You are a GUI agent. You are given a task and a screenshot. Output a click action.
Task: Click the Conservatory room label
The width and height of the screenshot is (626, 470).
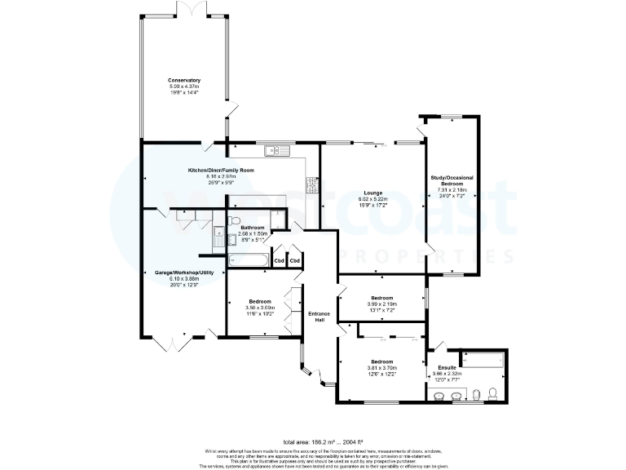pos(184,80)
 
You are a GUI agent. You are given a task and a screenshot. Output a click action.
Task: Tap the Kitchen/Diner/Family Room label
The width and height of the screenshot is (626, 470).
pos(221,170)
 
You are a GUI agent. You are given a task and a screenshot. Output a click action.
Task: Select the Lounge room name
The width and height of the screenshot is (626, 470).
pos(373,193)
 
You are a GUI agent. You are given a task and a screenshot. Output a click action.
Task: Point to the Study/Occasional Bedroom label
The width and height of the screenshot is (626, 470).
pos(452,181)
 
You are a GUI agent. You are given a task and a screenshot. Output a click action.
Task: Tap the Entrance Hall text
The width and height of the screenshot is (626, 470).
pos(318,317)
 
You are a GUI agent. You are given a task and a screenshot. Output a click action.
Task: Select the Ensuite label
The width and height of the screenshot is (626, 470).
pos(446,368)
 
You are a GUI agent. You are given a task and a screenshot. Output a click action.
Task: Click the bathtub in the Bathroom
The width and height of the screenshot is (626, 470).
pos(246,260)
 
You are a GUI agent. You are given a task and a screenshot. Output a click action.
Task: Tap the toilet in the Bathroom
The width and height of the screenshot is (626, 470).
pos(234,221)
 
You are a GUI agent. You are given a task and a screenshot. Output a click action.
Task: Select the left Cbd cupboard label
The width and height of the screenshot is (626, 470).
pos(279,260)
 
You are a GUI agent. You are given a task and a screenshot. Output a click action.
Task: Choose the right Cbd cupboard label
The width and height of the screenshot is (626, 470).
pos(294,260)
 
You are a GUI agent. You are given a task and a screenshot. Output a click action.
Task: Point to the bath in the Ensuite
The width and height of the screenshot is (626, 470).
pos(483,360)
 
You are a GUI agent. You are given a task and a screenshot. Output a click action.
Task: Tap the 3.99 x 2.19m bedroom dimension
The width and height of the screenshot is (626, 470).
pos(381,304)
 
